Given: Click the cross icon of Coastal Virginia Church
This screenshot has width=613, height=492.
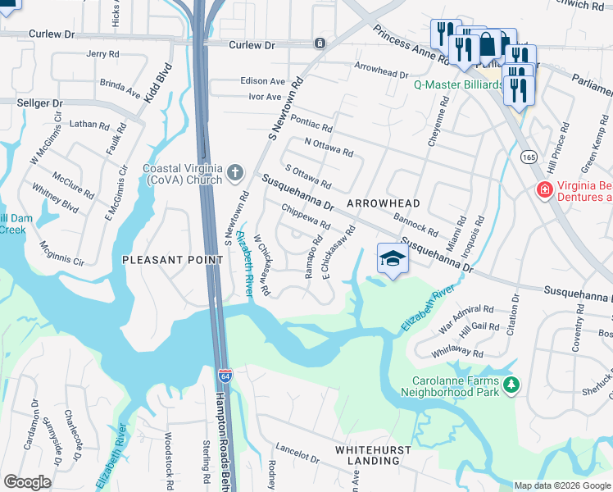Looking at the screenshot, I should (x=235, y=172).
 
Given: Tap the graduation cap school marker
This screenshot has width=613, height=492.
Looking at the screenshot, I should (x=393, y=260).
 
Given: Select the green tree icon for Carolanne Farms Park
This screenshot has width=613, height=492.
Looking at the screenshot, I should (x=511, y=385).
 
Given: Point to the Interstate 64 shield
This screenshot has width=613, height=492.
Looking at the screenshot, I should (x=225, y=377).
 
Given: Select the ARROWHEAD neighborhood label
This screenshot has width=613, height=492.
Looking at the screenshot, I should (x=383, y=203).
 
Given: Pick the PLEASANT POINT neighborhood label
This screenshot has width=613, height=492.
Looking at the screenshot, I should (x=172, y=260).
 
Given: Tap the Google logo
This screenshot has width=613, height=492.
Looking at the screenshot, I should (x=27, y=482).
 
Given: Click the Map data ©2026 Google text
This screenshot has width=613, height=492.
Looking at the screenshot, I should (x=561, y=485).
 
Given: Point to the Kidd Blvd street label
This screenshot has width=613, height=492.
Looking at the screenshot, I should (x=159, y=82).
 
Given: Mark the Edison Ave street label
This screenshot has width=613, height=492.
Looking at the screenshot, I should (x=262, y=81).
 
